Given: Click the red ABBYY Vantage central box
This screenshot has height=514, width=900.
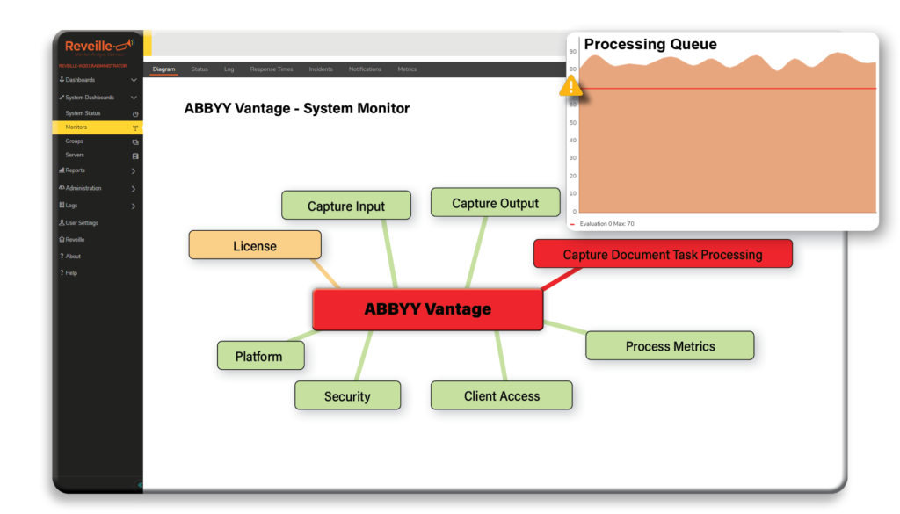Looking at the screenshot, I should tap(428, 309).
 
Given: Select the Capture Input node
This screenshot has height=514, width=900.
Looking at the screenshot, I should tap(346, 206).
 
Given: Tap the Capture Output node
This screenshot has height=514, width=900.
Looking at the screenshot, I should tap(495, 203).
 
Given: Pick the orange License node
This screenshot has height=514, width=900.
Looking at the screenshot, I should tap(255, 246).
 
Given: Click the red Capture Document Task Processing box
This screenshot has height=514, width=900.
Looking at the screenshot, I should tap(663, 255).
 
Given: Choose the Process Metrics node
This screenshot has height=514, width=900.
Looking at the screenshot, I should tap(670, 346).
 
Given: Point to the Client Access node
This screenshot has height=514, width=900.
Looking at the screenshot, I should tap(501, 396).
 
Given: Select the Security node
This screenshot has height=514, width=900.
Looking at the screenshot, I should tap(347, 396).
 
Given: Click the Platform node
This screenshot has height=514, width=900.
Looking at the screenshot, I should tap(259, 357).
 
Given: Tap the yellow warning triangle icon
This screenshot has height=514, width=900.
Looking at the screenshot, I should tap(571, 86).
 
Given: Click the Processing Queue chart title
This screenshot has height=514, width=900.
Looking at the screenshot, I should tap(650, 45).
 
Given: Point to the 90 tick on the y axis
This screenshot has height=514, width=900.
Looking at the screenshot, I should tap(573, 51).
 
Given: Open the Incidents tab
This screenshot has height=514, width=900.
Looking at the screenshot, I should tap(321, 69).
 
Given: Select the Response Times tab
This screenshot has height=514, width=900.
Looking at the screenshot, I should tap(272, 69).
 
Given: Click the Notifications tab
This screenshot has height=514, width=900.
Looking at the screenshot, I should tap(365, 69).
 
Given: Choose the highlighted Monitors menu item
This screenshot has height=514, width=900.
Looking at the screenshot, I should tap(76, 127).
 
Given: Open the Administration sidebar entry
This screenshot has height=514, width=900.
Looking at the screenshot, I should tap(83, 188).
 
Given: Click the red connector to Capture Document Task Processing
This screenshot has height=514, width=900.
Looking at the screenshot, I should tap(562, 279).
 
